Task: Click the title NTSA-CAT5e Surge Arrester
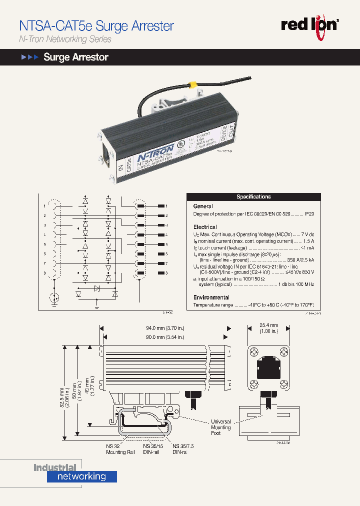pyautogui.click(x=96, y=25)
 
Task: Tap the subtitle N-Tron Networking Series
pyautogui.click(x=65, y=39)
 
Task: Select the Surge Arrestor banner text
pyautogui.click(x=76, y=57)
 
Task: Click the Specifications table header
pyautogui.click(x=253, y=196)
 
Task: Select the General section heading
pyautogui.click(x=203, y=206)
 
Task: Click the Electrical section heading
pyautogui.click(x=204, y=226)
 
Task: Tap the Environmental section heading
pyautogui.click(x=211, y=297)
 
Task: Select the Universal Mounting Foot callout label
pyautogui.click(x=220, y=427)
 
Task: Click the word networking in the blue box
pyautogui.click(x=81, y=476)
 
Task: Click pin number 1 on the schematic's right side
pyautogui.click(x=166, y=206)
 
